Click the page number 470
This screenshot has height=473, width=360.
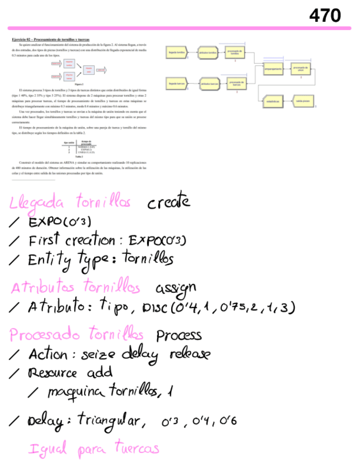coord(325,16)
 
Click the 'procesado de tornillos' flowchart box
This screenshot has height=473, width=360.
coord(235,52)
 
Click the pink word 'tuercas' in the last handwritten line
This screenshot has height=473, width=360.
coord(136,448)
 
